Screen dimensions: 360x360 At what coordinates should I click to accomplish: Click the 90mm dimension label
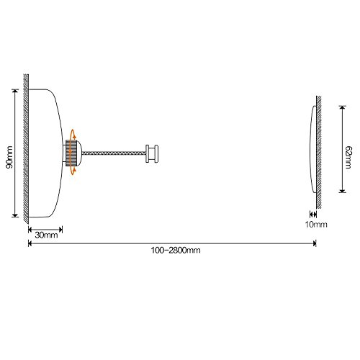click(9, 157)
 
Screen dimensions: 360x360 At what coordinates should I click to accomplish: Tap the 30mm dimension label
click(46, 235)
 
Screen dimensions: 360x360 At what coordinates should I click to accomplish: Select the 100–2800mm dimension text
click(176, 251)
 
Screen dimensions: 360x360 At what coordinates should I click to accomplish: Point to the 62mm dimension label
click(348, 158)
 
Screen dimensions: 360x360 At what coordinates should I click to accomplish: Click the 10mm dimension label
click(316, 225)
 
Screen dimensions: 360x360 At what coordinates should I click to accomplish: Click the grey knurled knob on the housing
click(71, 152)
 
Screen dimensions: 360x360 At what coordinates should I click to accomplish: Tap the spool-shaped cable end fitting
click(152, 153)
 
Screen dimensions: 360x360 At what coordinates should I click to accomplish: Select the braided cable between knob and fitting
click(114, 153)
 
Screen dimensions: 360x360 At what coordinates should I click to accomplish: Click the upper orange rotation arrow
click(73, 135)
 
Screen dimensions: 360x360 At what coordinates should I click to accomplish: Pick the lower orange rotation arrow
click(73, 171)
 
